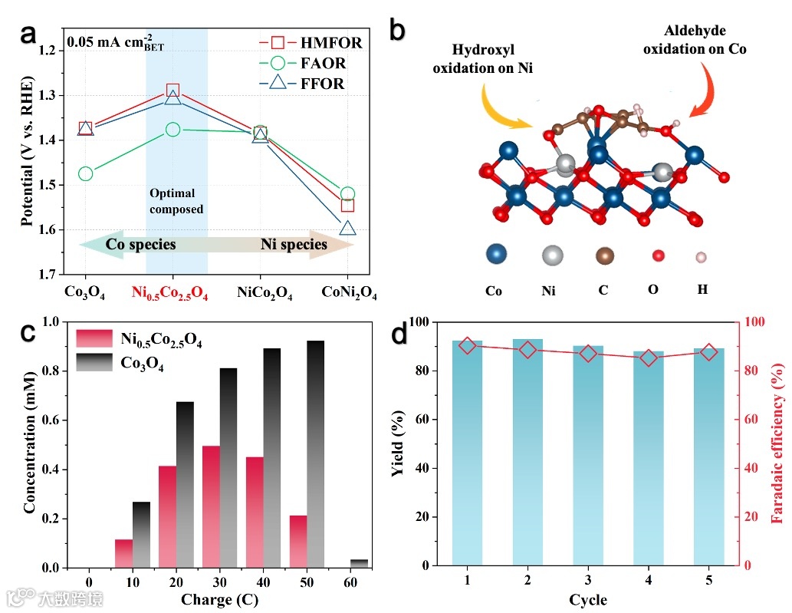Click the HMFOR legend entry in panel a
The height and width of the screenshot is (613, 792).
(311, 43)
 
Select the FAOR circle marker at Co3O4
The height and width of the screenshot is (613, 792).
(85, 173)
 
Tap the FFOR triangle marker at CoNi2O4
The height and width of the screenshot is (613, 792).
(347, 228)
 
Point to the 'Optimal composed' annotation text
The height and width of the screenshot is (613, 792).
(176, 201)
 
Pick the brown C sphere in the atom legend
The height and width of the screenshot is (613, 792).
(605, 256)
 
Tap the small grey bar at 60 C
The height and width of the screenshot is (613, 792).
(359, 563)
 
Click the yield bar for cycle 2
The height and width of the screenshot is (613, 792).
(527, 452)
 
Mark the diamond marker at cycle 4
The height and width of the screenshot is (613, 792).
(649, 358)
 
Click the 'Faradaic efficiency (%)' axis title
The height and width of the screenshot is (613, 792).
(777, 443)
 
